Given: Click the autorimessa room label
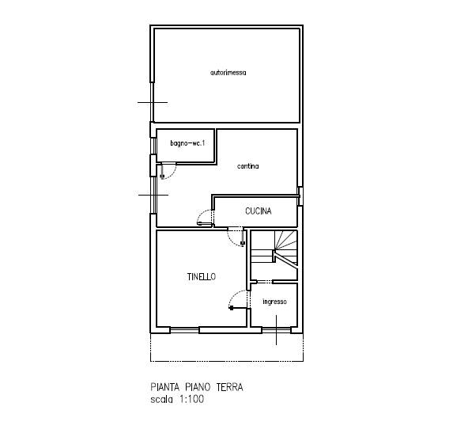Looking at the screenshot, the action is click(x=228, y=73).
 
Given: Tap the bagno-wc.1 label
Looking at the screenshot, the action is click(x=187, y=143).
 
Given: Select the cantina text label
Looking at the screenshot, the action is click(x=247, y=166).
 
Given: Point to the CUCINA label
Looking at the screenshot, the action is click(x=259, y=211).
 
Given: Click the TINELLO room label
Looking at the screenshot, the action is click(x=202, y=276).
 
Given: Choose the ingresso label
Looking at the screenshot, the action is click(x=274, y=302).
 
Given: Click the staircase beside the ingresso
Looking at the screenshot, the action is click(x=274, y=255).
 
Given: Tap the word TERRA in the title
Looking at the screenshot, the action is click(x=230, y=387).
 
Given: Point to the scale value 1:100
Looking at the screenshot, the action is click(x=192, y=399).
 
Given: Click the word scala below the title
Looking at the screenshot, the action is click(x=161, y=400).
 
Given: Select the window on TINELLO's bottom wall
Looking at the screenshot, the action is click(x=184, y=330).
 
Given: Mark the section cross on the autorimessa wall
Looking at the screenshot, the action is click(x=153, y=102).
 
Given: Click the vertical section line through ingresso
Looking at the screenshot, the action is click(x=277, y=330).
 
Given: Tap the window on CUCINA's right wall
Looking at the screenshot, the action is click(x=300, y=196).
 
